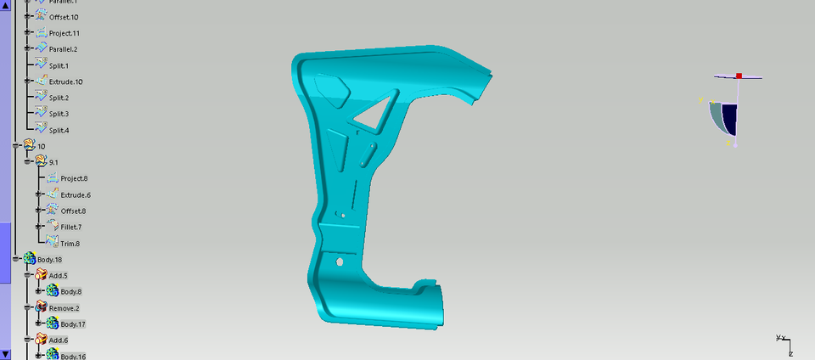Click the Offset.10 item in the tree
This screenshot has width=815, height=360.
point(63,17)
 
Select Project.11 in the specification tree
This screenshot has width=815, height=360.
point(64,33)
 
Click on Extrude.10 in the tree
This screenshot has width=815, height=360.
point(65,82)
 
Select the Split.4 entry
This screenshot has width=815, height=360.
point(59,130)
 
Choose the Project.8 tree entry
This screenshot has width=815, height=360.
point(74,178)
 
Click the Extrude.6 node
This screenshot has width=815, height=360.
point(75,194)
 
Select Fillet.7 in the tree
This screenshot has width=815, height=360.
point(72,227)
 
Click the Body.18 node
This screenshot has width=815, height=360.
point(49,259)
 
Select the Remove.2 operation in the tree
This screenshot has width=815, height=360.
point(64,308)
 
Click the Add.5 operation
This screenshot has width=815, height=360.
point(59,275)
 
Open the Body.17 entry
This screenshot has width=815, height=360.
point(72,324)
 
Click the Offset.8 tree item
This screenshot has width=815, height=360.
point(73,211)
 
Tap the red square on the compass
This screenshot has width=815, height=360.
point(739,76)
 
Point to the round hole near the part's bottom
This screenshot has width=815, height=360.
point(340,262)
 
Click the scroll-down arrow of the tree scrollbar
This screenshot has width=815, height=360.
point(6,354)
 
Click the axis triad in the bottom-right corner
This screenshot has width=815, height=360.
point(784,342)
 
